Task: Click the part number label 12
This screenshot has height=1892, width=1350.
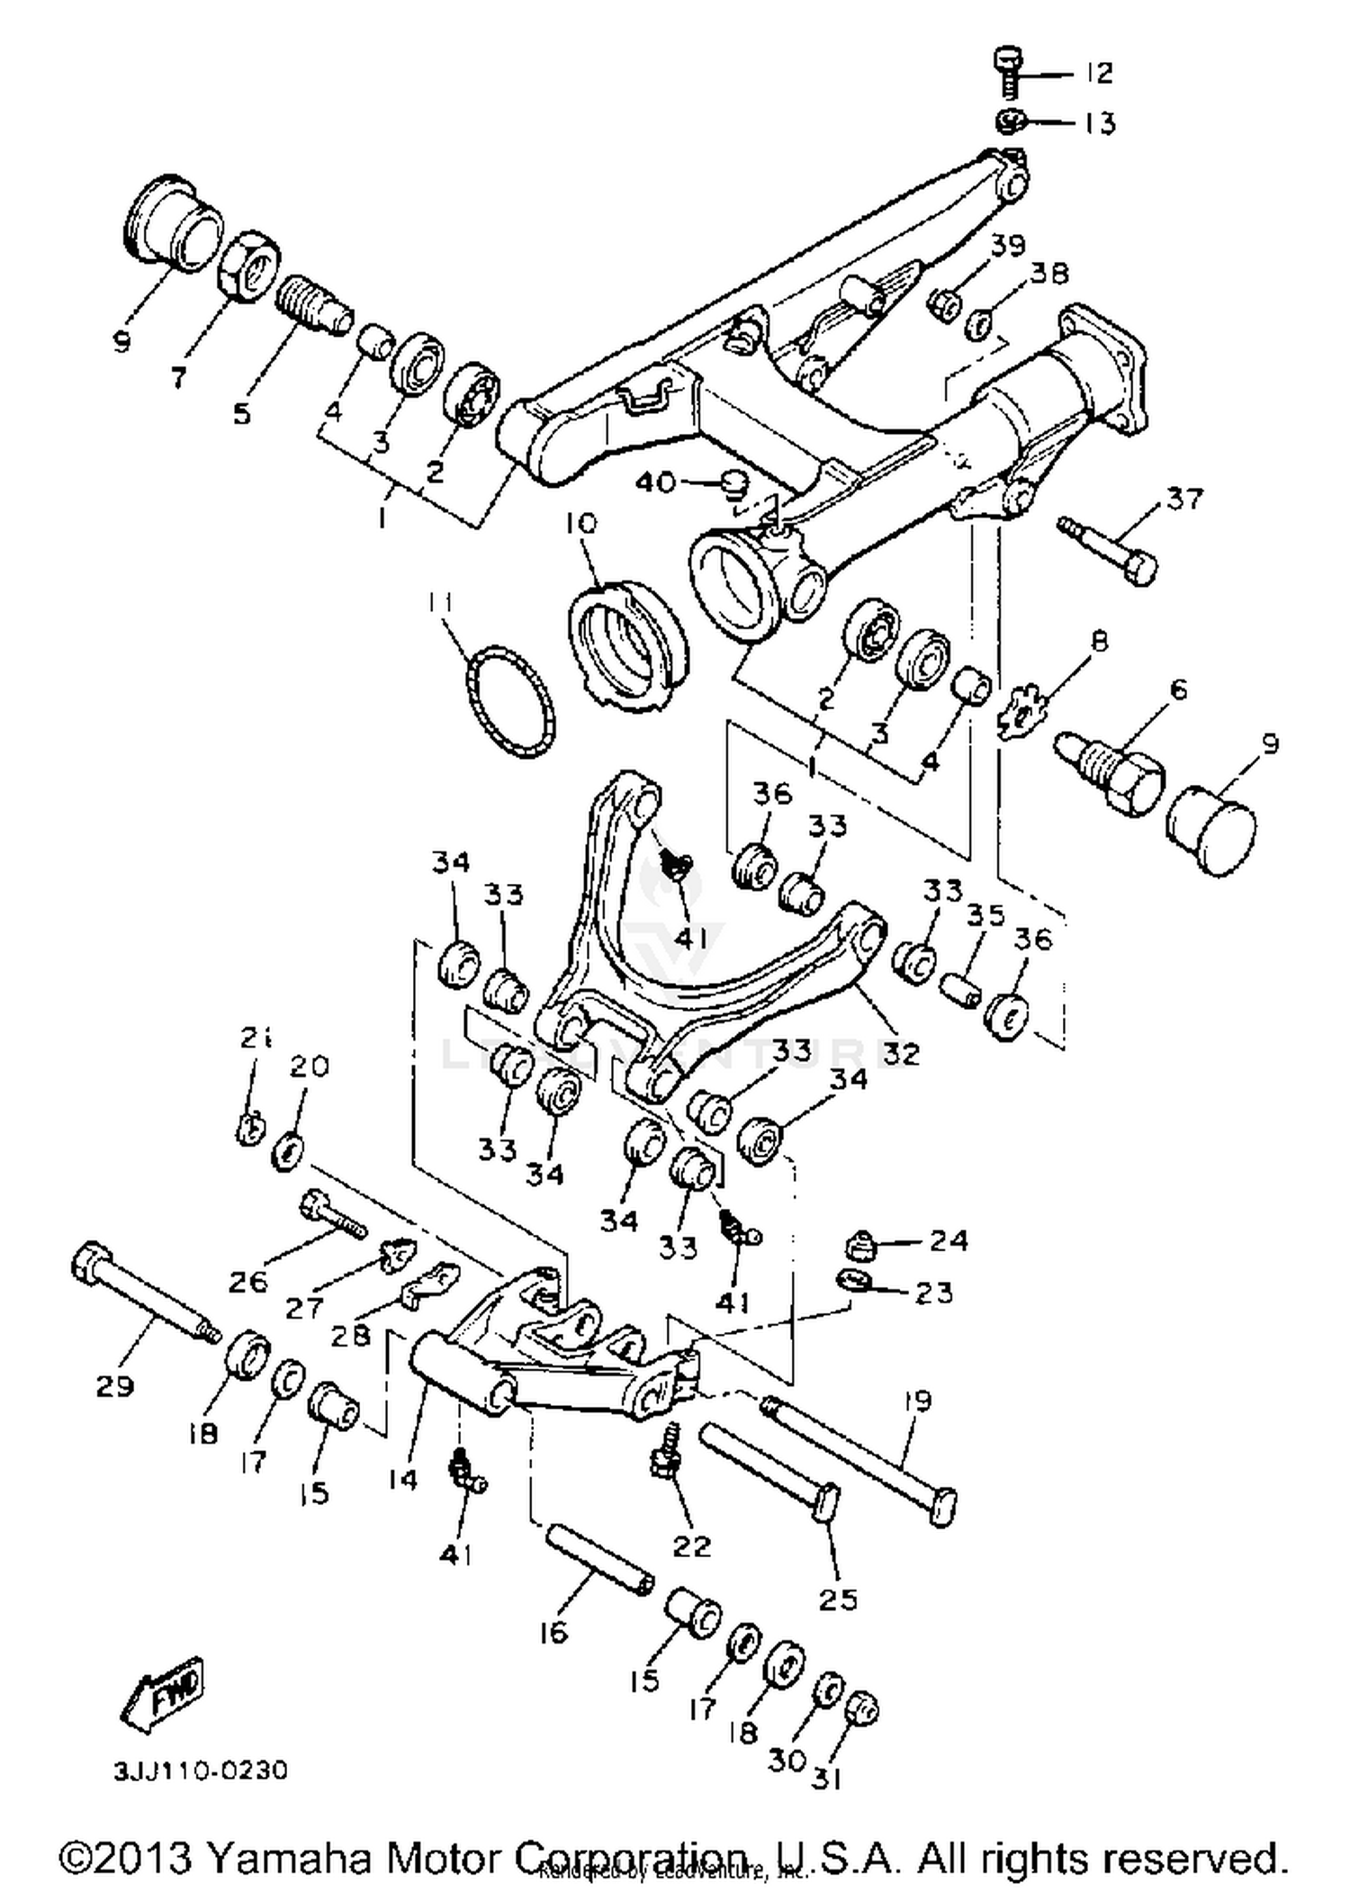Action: [1098, 72]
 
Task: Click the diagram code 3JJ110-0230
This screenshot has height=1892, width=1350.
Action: [201, 1771]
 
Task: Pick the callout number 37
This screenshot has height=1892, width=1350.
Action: [1185, 498]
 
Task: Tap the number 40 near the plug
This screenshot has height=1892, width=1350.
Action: [655, 482]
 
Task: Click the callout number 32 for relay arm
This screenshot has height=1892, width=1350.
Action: [901, 1051]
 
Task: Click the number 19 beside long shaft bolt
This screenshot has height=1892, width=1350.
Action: [918, 1401]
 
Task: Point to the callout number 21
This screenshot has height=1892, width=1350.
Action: [256, 1039]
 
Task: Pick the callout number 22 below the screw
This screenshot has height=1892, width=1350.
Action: [691, 1545]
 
